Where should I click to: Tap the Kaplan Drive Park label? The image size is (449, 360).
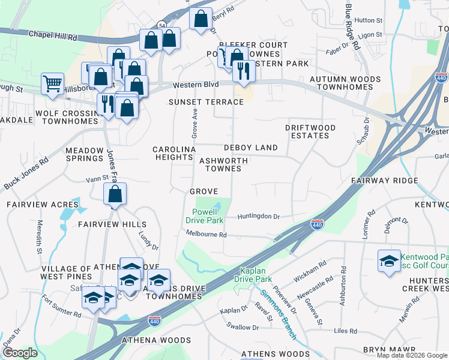[256, 275]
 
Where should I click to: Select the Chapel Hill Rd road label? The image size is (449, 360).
[53, 36]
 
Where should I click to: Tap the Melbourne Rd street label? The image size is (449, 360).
[206, 235]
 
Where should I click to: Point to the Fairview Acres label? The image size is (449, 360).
[34, 205]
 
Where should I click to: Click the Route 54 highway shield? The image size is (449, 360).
[161, 25]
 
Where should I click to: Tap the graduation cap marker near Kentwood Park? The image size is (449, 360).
[389, 261]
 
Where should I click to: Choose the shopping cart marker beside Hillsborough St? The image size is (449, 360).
[53, 83]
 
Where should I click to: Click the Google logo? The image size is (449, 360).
[20, 353]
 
